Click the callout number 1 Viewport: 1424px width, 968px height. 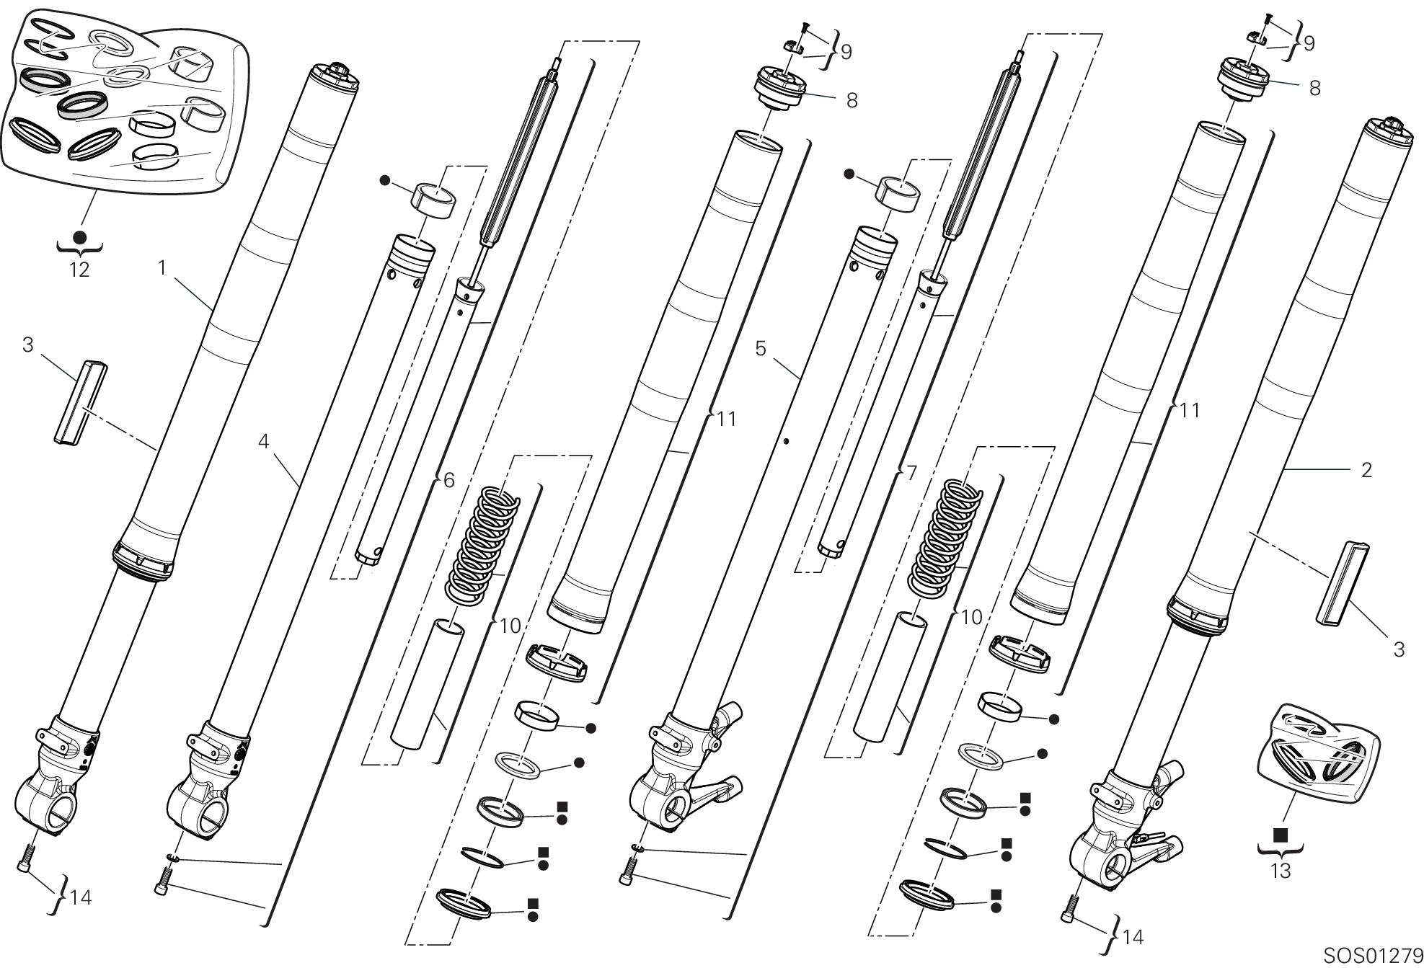pos(162,268)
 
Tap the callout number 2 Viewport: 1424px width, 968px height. pos(1366,470)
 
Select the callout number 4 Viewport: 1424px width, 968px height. pos(264,440)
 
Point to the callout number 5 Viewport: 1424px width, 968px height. pos(761,349)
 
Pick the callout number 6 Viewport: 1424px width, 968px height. pos(448,480)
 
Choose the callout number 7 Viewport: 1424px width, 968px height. pos(911,474)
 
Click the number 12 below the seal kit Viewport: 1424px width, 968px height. pos(79,270)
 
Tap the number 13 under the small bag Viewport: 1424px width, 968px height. pos(1280,871)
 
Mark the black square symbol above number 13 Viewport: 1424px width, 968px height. pos(1281,835)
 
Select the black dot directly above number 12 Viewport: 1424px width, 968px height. pos(79,237)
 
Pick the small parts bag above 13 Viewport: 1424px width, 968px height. pos(1317,753)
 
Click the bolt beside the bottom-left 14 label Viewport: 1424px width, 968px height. pos(25,858)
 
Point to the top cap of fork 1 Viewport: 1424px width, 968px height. pos(335,76)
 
